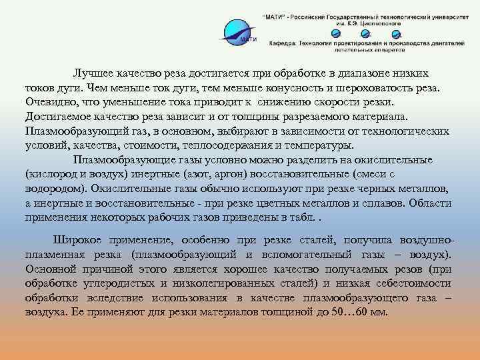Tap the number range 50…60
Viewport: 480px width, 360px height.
pyautogui.click(x=355, y=313)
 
